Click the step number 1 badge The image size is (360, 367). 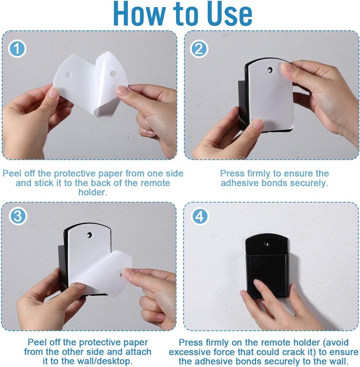point(17,49)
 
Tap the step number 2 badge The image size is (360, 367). point(199,49)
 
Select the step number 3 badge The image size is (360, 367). point(18,216)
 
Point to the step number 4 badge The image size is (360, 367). point(199,216)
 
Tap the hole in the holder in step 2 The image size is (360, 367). point(270,70)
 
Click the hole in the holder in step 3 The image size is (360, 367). point(89,235)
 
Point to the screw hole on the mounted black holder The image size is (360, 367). point(266,244)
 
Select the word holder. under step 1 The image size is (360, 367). point(93,192)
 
